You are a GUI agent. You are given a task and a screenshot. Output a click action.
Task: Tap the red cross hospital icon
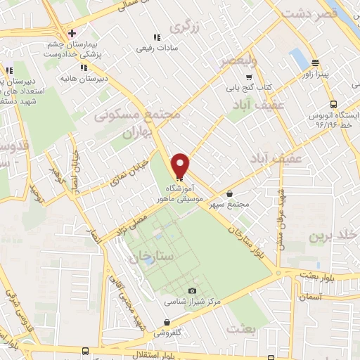point(72,34)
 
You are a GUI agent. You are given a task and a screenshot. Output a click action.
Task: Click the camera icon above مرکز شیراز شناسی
point(193,291)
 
